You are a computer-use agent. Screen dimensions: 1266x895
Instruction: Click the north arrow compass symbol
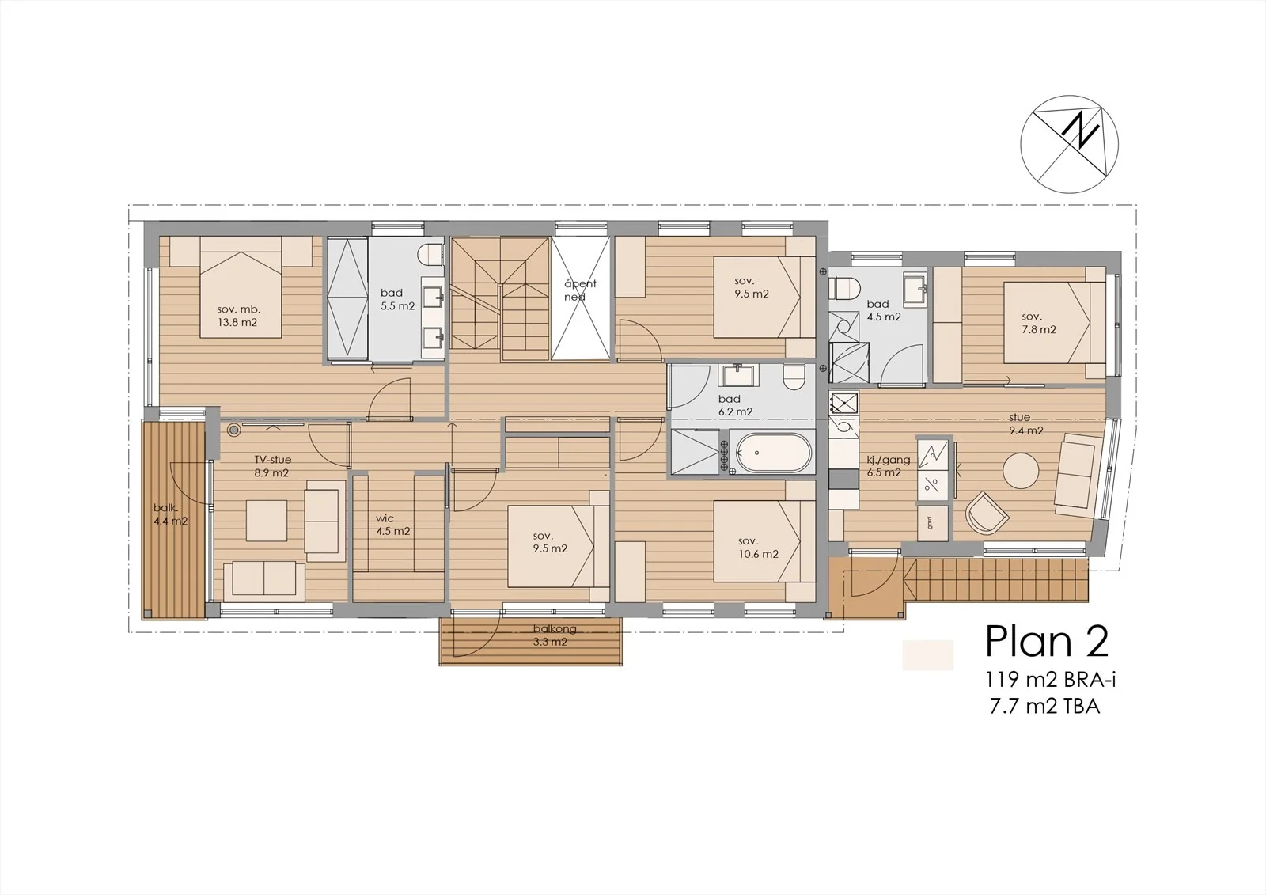[1069, 144]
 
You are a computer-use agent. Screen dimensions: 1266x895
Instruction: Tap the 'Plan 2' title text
[1047, 641]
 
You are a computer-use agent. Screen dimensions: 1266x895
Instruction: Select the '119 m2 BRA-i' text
[1051, 679]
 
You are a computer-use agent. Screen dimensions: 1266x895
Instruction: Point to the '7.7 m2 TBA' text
[1045, 706]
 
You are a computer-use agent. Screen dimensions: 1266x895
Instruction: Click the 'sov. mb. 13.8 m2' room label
[237, 316]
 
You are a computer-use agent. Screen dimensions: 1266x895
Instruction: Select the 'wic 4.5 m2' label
[392, 525]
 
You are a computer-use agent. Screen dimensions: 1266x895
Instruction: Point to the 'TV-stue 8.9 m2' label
[272, 466]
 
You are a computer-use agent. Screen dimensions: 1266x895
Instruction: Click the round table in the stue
[1021, 470]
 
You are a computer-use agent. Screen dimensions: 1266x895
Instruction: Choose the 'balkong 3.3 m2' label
[555, 635]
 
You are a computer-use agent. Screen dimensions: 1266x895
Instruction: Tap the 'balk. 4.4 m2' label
[170, 514]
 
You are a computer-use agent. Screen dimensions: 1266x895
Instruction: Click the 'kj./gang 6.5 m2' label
[888, 466]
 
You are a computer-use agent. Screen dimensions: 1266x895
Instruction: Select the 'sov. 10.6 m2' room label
[758, 548]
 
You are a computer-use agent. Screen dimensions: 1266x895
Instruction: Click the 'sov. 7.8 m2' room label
[1039, 323]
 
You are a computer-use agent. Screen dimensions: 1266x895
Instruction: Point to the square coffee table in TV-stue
[266, 520]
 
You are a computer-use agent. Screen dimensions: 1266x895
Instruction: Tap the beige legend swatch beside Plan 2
[928, 655]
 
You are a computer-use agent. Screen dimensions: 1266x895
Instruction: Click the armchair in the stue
[987, 513]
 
